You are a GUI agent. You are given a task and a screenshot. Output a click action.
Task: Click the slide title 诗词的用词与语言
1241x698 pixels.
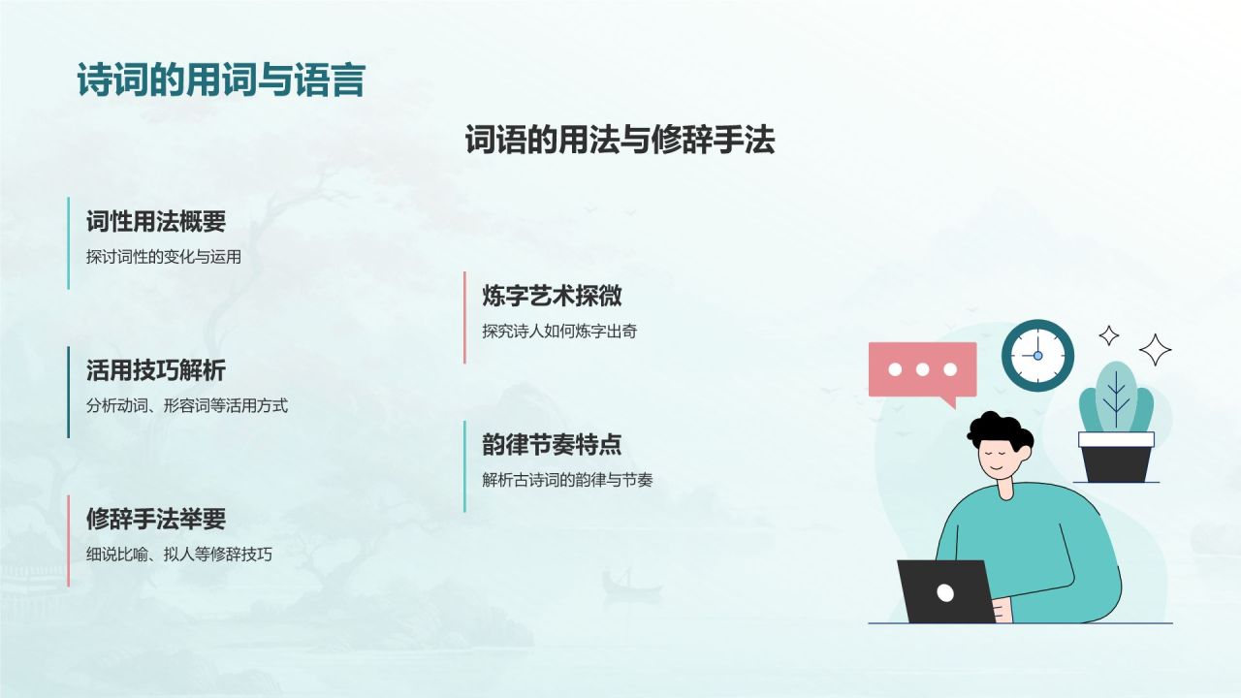(221, 80)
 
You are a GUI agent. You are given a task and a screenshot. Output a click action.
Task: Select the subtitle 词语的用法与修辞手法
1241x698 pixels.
(620, 142)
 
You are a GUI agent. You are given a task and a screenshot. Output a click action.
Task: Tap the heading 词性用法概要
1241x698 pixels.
(155, 221)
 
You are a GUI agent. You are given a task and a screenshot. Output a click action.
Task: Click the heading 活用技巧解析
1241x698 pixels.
(155, 370)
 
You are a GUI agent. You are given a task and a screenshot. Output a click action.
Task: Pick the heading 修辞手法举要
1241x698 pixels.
(155, 519)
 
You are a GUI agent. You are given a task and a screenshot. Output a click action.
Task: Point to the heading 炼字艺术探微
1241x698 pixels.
(552, 296)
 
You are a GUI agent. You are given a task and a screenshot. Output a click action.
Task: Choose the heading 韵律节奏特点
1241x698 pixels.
(552, 445)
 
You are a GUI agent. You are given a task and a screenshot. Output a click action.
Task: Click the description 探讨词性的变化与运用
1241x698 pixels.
(163, 257)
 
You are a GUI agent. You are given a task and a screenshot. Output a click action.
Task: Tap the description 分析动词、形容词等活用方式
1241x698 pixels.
(186, 406)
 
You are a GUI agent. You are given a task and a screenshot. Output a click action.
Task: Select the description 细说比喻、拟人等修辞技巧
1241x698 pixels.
(178, 555)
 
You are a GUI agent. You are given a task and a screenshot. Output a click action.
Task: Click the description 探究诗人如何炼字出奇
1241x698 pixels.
(559, 332)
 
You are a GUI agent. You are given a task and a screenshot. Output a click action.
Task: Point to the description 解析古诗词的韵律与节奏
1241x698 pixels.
(567, 480)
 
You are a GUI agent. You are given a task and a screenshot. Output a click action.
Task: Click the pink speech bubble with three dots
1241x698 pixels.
(921, 369)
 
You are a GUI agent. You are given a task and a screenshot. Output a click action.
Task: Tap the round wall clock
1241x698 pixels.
(1037, 355)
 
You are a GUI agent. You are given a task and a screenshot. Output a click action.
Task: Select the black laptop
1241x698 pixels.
(946, 591)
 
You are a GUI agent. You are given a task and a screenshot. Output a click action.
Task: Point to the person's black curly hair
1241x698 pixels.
(998, 432)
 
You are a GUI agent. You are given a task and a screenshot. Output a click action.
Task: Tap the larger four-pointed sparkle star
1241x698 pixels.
(1154, 349)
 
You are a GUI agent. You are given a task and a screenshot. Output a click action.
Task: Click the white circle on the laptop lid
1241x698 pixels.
(945, 592)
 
